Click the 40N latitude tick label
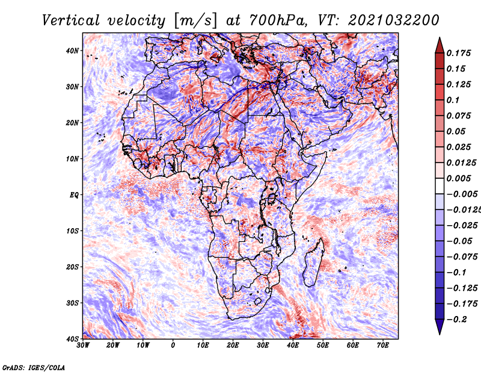pos(72,51)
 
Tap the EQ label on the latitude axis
pos(74,195)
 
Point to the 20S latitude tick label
pos(72,267)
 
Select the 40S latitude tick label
pos(72,339)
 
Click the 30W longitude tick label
pos(83,346)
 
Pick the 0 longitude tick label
pos(173,346)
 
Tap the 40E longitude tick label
pos(293,346)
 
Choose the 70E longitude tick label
pos(383,346)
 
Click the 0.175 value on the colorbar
pos(458,54)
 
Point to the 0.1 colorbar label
pos(453,100)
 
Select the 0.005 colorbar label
pos(458,178)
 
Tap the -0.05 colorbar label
pos(459,241)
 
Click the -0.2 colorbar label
pos(456,320)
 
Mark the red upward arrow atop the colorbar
pos(440,45)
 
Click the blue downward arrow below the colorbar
pos(440,327)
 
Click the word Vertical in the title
pos(70,21)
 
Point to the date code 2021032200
pos(394,21)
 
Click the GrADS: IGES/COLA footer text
pos(34,368)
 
